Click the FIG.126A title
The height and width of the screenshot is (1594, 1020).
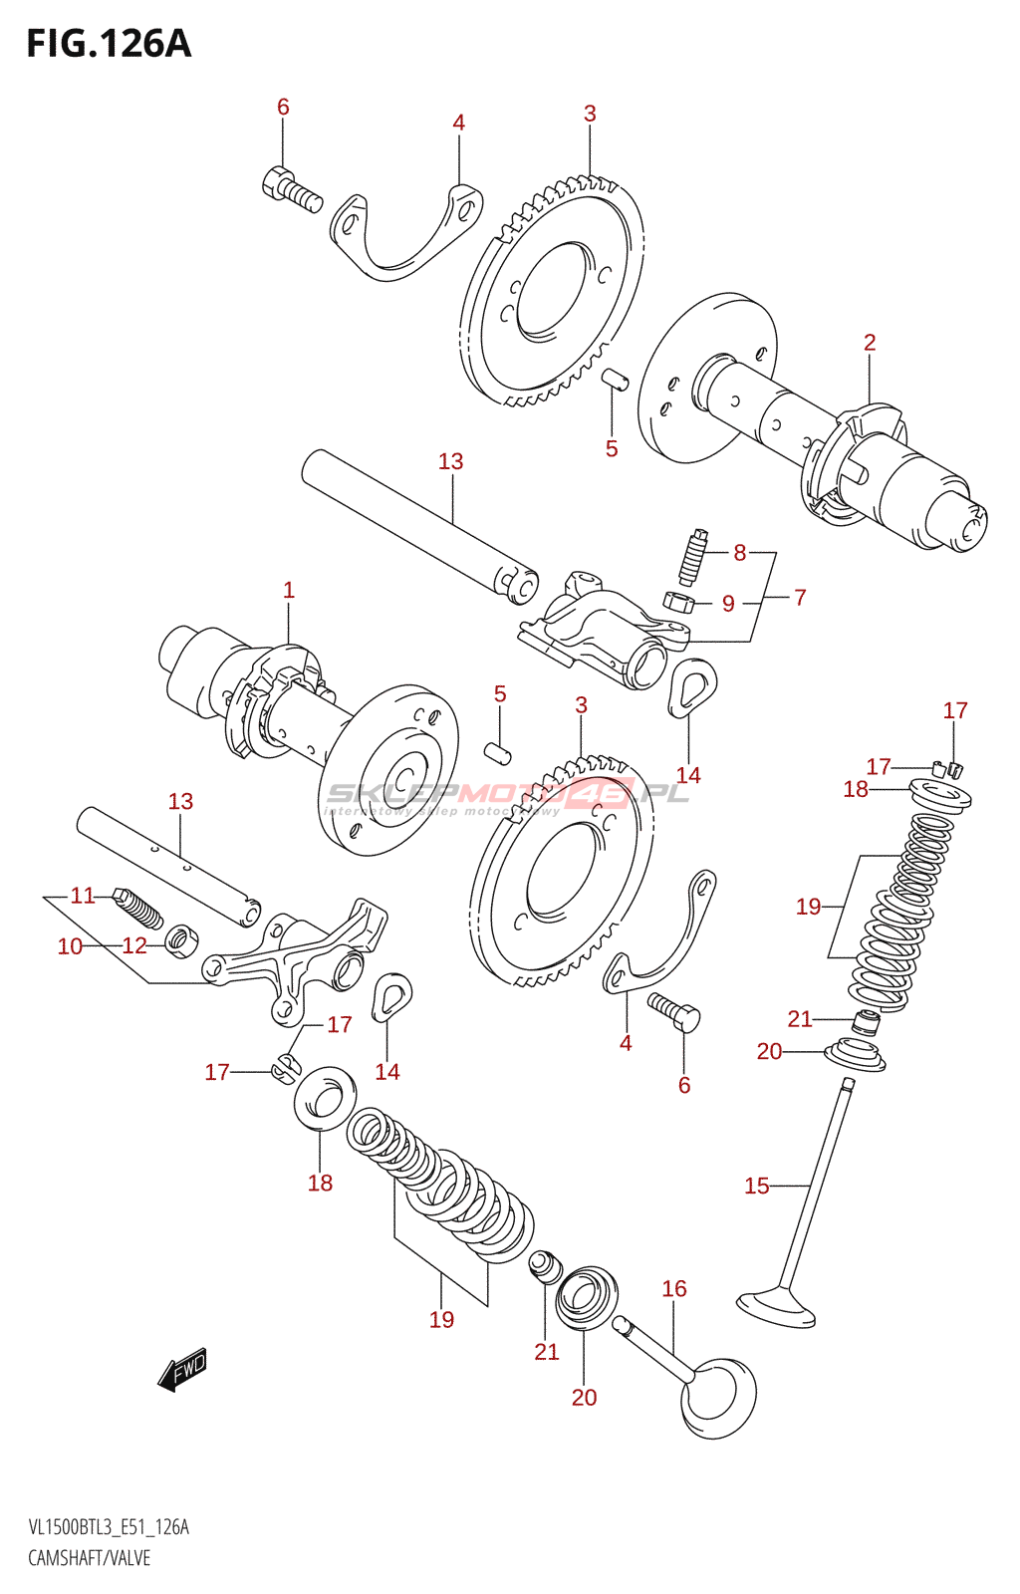click(x=108, y=44)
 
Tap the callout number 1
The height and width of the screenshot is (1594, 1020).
click(x=289, y=590)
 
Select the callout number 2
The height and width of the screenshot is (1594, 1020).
click(x=870, y=343)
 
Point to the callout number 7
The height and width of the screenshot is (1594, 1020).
click(x=800, y=598)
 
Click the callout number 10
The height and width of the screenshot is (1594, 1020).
click(x=70, y=946)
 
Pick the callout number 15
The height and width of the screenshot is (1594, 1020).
click(x=757, y=1186)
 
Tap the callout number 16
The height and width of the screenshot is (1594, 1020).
click(x=674, y=1288)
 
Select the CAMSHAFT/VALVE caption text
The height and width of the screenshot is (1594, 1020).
click(x=89, y=1558)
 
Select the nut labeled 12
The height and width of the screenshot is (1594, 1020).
click(x=182, y=938)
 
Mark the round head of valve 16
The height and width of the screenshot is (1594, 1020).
click(x=717, y=1397)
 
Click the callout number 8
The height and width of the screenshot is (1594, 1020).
click(x=739, y=552)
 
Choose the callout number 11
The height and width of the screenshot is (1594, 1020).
click(x=83, y=896)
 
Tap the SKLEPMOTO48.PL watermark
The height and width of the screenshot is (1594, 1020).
click(x=508, y=795)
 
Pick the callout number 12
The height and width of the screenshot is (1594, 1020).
click(x=134, y=946)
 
